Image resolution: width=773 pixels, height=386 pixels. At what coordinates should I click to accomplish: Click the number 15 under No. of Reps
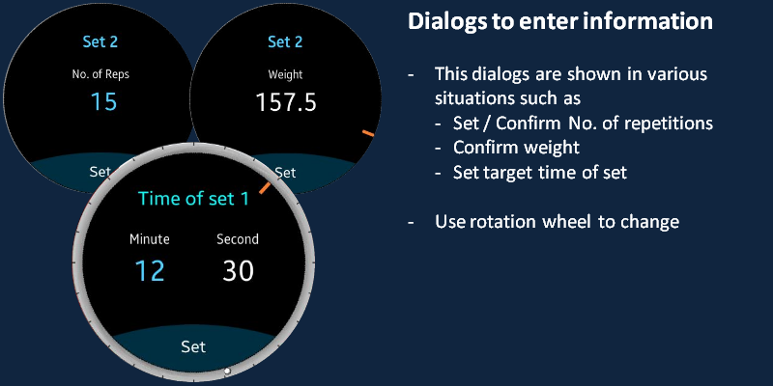click(x=104, y=101)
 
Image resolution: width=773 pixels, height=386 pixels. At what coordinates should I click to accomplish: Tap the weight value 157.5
click(x=286, y=102)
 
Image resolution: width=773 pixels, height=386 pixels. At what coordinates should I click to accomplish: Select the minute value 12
click(x=150, y=270)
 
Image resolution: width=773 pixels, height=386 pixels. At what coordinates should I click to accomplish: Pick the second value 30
click(x=238, y=270)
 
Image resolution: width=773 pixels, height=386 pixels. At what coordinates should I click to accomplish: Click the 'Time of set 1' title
click(x=193, y=199)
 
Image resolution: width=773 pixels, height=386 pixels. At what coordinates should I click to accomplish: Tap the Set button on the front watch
click(x=193, y=346)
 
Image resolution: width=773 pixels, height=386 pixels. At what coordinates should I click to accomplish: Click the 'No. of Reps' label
click(x=100, y=74)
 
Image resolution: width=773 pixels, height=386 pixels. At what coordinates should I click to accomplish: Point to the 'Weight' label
click(x=285, y=75)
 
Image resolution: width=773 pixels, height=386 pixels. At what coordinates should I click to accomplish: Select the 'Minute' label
click(x=150, y=239)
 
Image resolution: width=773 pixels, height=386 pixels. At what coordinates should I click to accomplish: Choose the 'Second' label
click(x=238, y=239)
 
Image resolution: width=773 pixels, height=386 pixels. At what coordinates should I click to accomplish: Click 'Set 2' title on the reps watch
click(x=100, y=41)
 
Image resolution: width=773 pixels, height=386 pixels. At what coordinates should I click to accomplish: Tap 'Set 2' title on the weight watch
click(x=285, y=41)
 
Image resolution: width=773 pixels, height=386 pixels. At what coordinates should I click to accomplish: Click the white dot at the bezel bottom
click(x=227, y=371)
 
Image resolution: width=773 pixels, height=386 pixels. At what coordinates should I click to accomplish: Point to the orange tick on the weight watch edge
click(x=368, y=133)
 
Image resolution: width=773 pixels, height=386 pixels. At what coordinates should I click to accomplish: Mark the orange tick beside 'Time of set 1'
click(x=265, y=187)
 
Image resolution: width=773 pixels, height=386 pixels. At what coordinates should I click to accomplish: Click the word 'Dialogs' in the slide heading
click(x=447, y=22)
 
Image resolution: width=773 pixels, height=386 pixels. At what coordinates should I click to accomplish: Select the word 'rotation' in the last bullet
click(x=503, y=222)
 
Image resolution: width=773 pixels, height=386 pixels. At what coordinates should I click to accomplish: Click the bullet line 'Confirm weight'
click(x=516, y=148)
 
